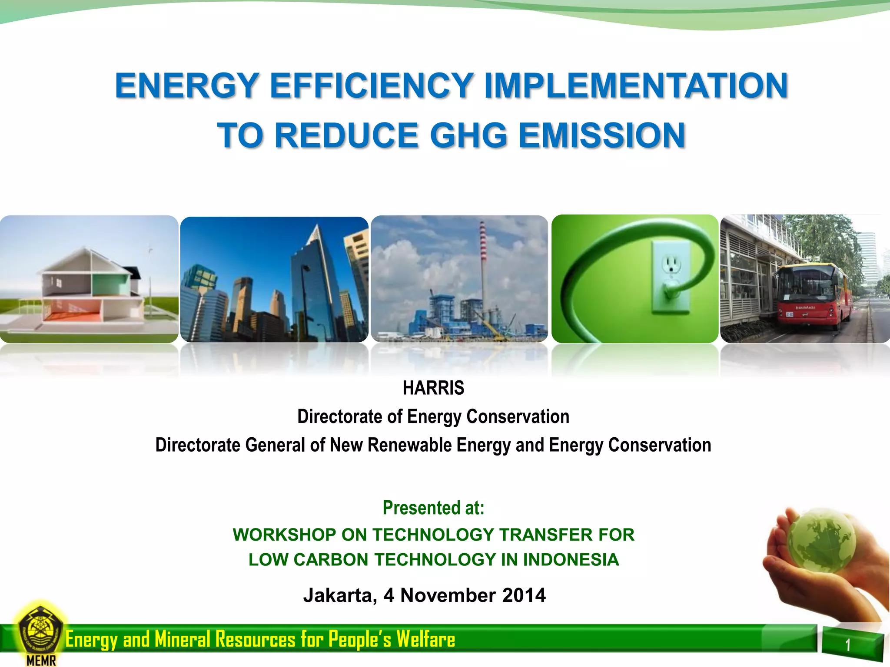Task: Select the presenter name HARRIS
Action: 433,388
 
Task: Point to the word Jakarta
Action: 339,595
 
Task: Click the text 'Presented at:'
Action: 433,508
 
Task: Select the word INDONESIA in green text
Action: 571,560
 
